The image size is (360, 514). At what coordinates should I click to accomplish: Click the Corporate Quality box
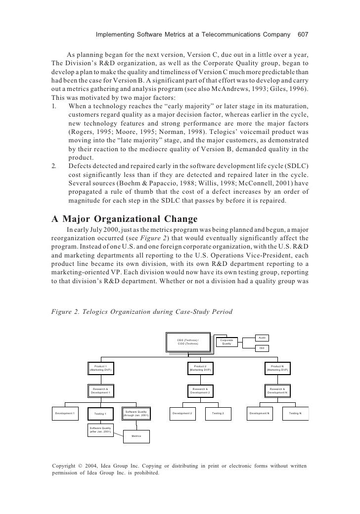point(226,342)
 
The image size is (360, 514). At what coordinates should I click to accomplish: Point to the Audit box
point(262,338)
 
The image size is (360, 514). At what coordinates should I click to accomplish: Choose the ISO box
point(262,348)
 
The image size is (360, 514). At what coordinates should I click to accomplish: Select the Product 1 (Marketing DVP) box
point(100,368)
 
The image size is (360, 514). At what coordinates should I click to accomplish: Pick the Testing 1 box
point(100,413)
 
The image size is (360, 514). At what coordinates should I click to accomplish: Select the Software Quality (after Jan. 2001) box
point(100,429)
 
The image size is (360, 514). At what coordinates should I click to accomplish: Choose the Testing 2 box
point(218,413)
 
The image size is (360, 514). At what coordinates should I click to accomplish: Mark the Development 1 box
point(65,413)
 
